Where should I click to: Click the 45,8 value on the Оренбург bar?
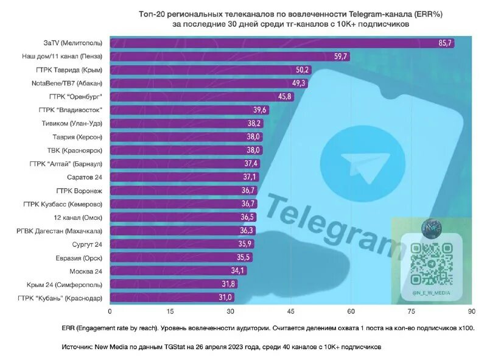pos(286,96)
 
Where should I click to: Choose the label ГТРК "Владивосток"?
pos(71,110)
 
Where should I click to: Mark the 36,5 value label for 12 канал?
pos(248,217)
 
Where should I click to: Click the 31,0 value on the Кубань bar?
pos(225,297)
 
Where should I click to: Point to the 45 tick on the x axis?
pos(291,311)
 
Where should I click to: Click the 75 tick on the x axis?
pos(412,311)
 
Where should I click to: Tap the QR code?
pos(431,263)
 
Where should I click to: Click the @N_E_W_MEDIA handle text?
pos(431,293)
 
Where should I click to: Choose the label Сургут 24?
pos(86,244)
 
